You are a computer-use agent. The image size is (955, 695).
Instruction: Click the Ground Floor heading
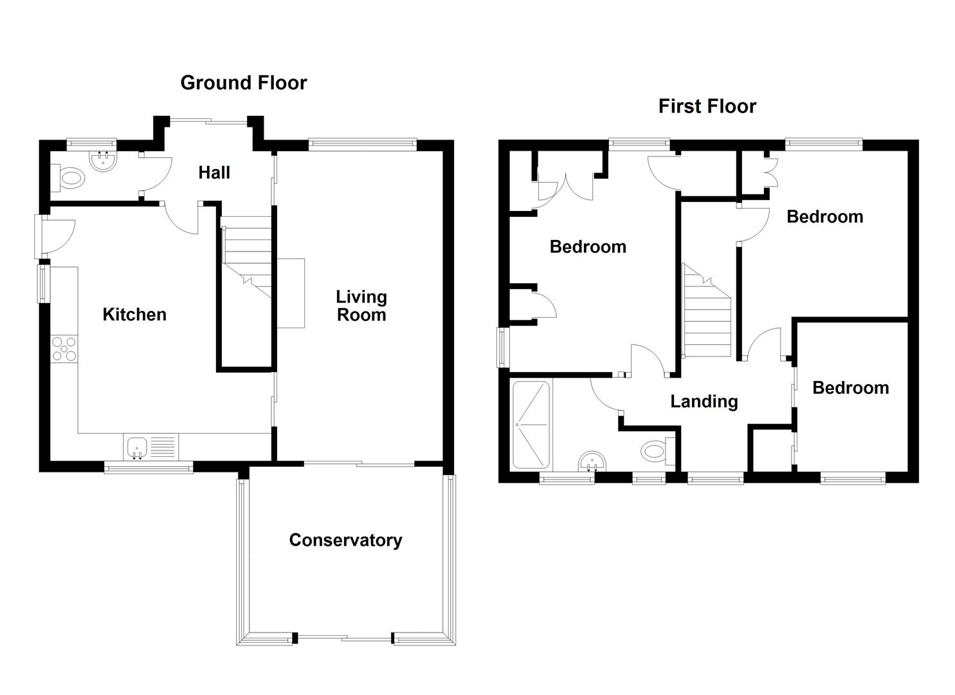point(244,83)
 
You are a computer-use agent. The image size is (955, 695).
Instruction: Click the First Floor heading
point(707,106)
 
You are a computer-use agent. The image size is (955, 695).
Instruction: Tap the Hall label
point(214,173)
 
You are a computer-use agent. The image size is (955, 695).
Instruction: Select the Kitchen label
point(134,315)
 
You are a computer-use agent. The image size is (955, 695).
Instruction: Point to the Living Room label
point(361,306)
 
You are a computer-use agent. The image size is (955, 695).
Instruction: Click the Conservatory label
point(345,540)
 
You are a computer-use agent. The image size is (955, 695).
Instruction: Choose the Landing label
point(704,402)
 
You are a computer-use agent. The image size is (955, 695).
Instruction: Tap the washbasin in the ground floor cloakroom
point(103,161)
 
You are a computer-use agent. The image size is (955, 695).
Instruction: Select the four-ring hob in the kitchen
point(64,349)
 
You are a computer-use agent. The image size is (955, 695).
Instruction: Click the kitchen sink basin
point(137,448)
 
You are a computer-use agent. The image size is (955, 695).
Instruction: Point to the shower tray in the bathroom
point(531,425)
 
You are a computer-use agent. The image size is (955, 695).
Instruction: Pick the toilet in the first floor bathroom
point(657,451)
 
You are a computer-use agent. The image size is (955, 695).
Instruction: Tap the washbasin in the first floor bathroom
point(592,461)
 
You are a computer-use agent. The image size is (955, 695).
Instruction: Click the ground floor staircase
point(246,257)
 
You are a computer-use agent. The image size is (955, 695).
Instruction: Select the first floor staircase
point(707,310)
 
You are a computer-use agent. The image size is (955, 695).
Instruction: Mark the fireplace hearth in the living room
point(291,293)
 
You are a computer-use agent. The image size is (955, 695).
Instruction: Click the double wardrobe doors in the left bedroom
point(565,187)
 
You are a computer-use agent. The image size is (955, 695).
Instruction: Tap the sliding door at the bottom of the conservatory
point(343,638)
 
